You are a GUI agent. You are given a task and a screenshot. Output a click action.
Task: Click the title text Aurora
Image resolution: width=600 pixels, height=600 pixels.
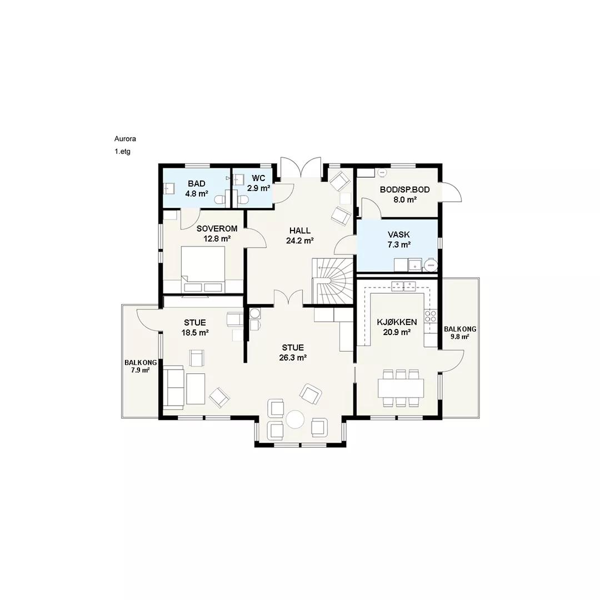[x=125, y=138]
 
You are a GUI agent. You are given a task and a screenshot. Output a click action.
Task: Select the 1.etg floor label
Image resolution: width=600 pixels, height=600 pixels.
[x=122, y=152]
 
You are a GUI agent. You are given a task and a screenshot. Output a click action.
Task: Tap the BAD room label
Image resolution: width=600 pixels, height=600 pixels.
[x=196, y=184]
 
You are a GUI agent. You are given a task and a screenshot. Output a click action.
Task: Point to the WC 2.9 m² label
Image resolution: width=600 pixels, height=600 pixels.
[x=259, y=183]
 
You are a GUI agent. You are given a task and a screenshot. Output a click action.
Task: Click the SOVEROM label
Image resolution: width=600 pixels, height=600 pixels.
[x=217, y=229]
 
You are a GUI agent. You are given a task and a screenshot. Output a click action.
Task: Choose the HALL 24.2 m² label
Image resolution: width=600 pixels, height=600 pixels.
[x=300, y=236]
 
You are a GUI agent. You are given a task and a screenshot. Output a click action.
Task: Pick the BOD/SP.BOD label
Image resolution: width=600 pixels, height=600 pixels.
[x=405, y=190]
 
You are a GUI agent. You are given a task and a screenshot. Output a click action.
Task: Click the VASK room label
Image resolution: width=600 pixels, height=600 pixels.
[x=399, y=234]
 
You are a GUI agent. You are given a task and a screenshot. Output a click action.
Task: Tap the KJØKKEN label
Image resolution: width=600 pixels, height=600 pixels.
[x=397, y=322]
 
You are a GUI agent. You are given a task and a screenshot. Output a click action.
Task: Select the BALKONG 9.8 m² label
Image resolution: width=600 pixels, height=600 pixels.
[x=460, y=333]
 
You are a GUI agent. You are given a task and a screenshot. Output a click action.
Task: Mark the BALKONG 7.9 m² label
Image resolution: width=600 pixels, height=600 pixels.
[x=141, y=366]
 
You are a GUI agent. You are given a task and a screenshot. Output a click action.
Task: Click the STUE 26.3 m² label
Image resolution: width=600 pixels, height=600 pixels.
[x=293, y=352]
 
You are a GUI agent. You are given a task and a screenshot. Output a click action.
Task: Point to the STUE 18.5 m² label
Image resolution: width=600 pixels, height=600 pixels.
[x=195, y=328]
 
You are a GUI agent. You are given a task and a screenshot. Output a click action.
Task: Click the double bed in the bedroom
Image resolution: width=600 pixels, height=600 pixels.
[x=203, y=269]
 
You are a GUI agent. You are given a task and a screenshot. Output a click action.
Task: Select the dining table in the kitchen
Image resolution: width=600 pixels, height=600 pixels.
[x=401, y=388]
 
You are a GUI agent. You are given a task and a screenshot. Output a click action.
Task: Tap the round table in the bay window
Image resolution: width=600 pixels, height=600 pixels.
[x=296, y=419]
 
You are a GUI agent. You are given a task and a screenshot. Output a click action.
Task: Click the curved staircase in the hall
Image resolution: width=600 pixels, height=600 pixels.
[x=333, y=281]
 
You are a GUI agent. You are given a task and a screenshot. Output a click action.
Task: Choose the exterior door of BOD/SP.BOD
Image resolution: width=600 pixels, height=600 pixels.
[x=452, y=192]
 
